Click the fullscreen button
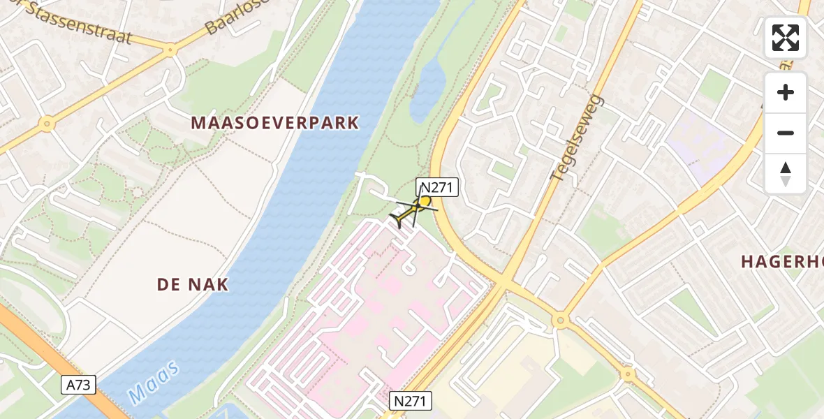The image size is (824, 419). (786, 38)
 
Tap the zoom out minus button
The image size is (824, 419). (786, 133)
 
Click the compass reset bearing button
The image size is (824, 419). (786, 173)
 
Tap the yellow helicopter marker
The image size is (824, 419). (415, 209)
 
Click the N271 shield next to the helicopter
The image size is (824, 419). (437, 187)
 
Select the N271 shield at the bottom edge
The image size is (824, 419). (411, 401)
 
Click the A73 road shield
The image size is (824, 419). (78, 385)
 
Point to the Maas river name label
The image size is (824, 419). (154, 382)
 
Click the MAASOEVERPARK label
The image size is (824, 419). (275, 124)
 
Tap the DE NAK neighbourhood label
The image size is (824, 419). (193, 285)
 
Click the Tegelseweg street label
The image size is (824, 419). (575, 139)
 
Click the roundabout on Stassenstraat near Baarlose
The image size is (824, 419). (170, 49)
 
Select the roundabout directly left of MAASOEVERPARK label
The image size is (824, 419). (47, 124)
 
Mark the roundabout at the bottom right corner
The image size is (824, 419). (628, 374)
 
